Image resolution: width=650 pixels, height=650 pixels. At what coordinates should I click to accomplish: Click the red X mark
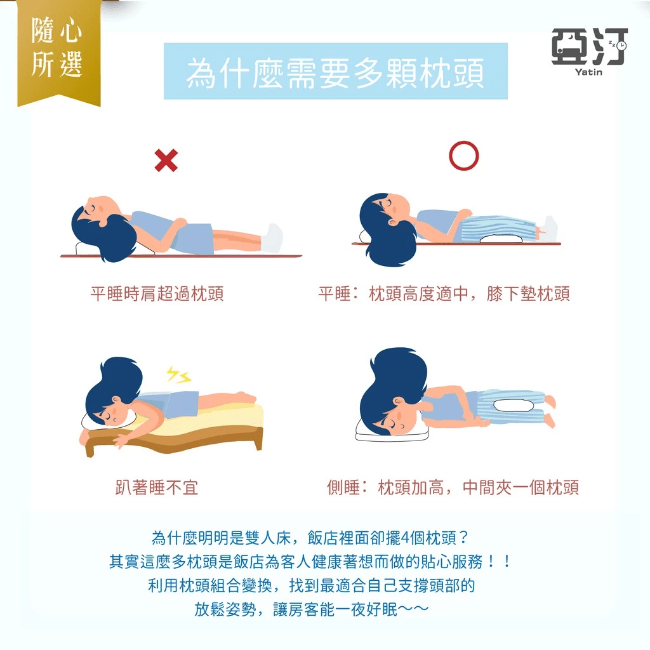coord(166,161)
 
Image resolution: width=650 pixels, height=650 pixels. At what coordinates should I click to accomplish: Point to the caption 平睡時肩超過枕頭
coord(157,293)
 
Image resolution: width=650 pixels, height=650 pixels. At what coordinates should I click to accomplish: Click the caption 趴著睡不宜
coord(157,487)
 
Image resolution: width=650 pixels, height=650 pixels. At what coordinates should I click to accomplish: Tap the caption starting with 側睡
coord(453,487)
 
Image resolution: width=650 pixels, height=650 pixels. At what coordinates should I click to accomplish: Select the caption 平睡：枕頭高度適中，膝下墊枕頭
coord(444,293)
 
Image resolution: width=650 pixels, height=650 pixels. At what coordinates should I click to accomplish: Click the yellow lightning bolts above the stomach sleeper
coord(178,375)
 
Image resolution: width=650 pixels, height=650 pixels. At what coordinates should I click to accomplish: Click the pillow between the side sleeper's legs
coord(513,405)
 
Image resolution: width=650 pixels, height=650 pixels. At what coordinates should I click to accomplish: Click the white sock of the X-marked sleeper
coord(273,237)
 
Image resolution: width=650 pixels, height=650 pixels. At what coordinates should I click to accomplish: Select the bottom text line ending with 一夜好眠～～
coord(311,609)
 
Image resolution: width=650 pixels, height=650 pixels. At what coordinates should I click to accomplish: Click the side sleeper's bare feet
coord(550,411)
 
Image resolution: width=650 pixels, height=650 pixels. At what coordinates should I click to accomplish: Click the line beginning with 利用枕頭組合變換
coord(311,585)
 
